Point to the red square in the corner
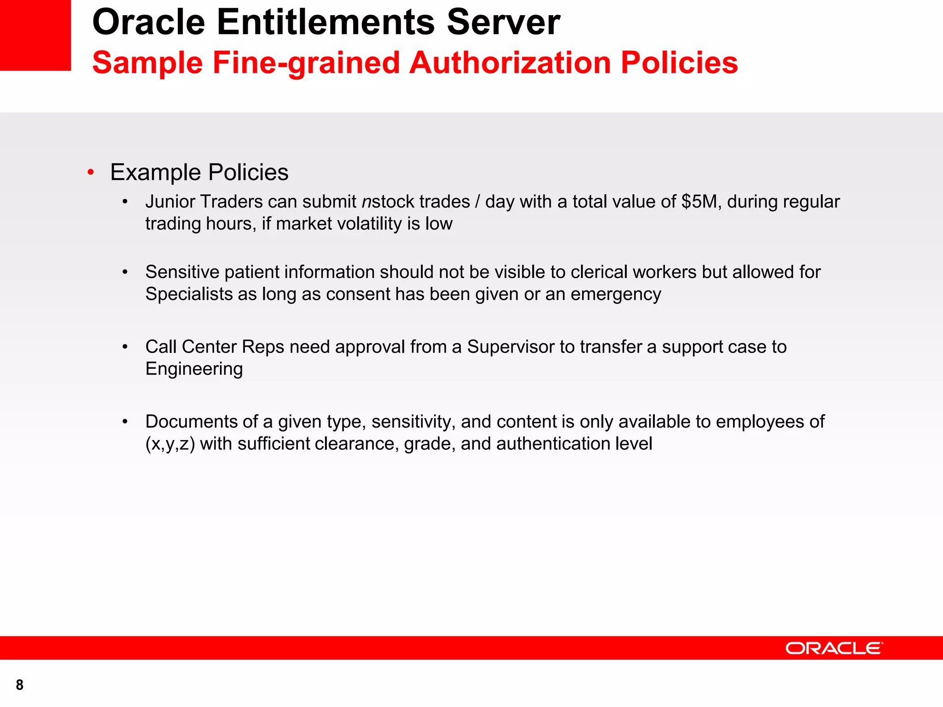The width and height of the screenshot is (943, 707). click(x=35, y=35)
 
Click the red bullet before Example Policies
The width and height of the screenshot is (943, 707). click(x=91, y=173)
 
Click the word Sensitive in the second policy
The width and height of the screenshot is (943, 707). click(x=182, y=272)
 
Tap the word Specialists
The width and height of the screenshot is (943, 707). click(x=189, y=294)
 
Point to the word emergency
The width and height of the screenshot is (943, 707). click(x=616, y=294)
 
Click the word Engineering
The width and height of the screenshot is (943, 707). click(x=194, y=369)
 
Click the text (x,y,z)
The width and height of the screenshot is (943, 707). click(x=170, y=444)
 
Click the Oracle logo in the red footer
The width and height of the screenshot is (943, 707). click(x=834, y=648)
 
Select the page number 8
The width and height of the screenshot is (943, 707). click(x=19, y=685)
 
